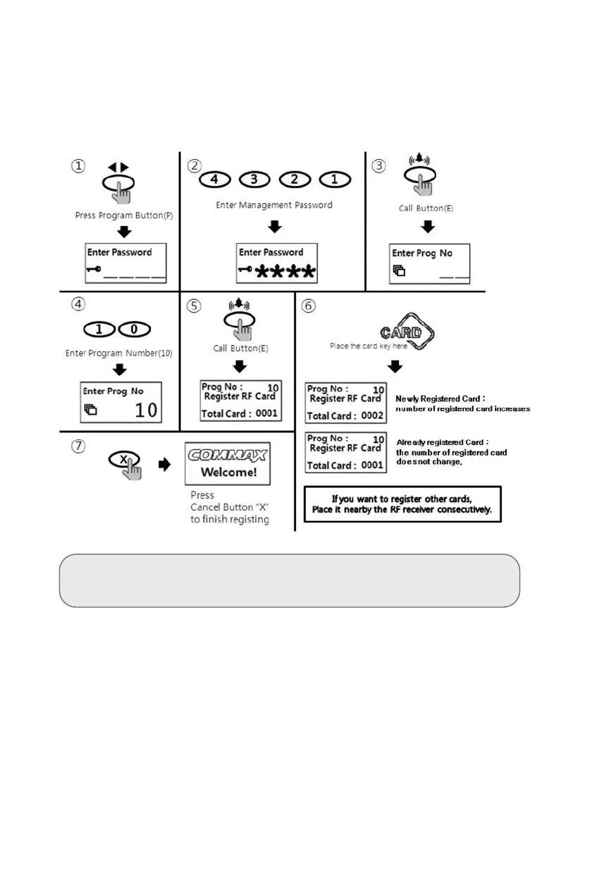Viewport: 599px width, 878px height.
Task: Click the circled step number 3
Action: (379, 166)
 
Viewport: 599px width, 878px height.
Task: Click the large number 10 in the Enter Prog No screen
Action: (145, 410)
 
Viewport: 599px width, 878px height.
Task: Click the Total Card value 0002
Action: (372, 415)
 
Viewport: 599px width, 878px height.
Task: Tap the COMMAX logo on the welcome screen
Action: (228, 455)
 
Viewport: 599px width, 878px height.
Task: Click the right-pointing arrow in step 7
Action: (163, 465)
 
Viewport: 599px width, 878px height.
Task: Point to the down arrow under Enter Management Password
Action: (276, 227)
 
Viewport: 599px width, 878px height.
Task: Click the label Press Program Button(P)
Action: (123, 215)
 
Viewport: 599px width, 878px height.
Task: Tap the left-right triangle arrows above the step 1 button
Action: (118, 168)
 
